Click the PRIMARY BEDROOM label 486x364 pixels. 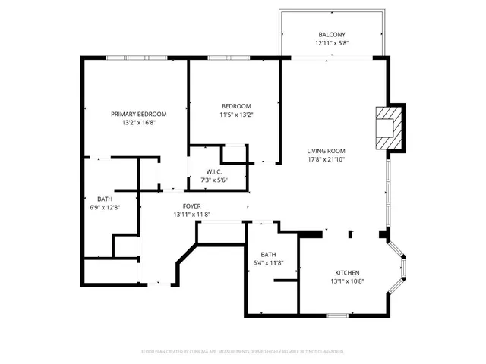[139, 114]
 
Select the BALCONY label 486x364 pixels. [332, 35]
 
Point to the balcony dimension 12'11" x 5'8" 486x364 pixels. [332, 43]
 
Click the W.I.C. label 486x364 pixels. [213, 171]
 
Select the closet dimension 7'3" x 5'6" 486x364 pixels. [213, 180]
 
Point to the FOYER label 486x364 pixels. [191, 206]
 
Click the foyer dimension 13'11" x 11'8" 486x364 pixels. [191, 215]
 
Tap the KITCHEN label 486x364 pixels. [348, 273]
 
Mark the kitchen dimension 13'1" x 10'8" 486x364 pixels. [348, 281]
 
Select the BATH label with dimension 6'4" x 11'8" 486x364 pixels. [268, 255]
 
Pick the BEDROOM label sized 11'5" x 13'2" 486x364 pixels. [236, 106]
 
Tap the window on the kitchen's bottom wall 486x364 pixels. [337, 315]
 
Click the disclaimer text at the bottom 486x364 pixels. [242, 351]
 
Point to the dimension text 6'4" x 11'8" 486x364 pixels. [268, 263]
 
